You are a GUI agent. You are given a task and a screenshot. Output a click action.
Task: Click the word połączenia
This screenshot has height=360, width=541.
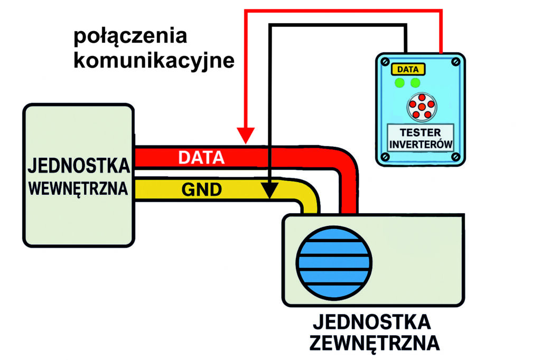130,37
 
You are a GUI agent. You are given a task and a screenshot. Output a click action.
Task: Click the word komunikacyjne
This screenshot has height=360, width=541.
154,61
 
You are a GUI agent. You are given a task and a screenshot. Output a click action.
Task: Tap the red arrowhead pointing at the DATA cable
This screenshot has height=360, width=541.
245,136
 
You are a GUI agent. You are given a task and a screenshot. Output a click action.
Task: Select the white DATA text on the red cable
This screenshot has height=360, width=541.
201,157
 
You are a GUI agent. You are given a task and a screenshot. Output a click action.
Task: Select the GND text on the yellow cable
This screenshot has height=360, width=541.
201,190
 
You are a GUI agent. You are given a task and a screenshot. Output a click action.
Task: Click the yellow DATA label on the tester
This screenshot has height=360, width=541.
408,69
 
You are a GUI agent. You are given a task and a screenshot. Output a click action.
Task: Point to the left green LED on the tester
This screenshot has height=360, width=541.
400,83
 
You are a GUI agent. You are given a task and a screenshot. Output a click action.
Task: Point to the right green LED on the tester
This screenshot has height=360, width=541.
416,83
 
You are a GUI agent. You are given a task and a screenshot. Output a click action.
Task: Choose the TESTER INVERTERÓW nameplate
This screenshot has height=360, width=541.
421,138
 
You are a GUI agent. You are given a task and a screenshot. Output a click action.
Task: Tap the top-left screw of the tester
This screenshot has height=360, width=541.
384,62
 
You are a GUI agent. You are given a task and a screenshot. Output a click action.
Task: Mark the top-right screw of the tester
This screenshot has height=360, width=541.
457,62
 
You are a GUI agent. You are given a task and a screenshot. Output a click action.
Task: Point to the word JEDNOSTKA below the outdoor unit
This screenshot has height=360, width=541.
372,321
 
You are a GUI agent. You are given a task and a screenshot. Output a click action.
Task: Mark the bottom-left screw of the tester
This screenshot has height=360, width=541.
384,156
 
